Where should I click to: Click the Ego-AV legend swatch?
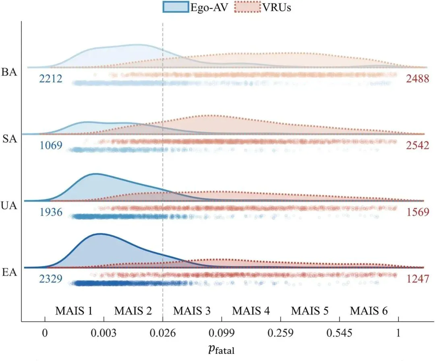point(176,7)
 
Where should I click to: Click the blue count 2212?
point(50,79)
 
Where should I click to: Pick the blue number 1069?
point(50,145)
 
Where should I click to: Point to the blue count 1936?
point(50,212)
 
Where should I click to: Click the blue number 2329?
point(50,278)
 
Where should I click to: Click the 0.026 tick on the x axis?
point(163,333)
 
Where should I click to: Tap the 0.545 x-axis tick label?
point(339,333)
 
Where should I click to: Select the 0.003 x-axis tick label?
point(104,333)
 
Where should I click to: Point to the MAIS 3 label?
point(192,311)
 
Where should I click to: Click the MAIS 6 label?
point(369,311)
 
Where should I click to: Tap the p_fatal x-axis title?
point(221,349)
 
